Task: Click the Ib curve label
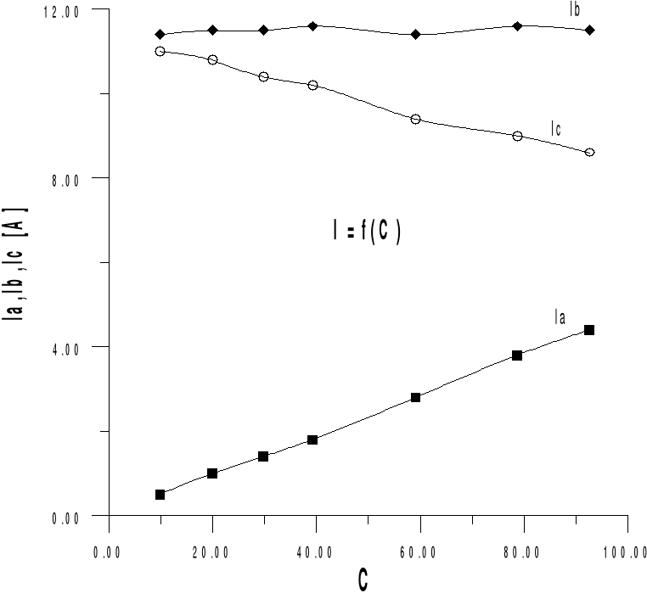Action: pos(575,9)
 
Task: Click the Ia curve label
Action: pos(560,317)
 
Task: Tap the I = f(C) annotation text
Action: pos(367,232)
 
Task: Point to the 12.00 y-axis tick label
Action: pos(62,10)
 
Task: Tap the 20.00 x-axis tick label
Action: pos(209,552)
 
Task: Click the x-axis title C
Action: pos(363,581)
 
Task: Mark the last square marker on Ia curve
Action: pos(589,330)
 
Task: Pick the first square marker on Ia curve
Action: pos(160,495)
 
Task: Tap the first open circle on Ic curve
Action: pos(160,52)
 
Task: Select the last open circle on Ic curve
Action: pos(589,153)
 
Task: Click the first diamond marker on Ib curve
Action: pos(160,35)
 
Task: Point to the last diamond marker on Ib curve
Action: pos(589,30)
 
